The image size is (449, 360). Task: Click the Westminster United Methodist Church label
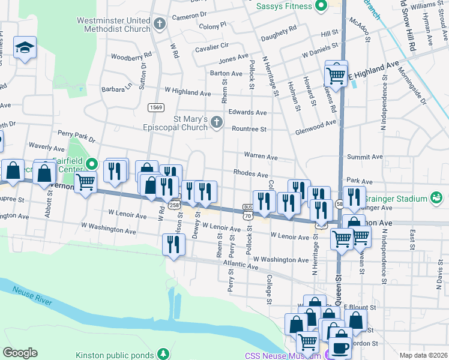point(113,24)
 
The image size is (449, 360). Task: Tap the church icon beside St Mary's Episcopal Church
point(216,123)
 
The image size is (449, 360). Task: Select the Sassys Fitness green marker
point(321,6)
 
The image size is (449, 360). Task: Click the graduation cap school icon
point(25,48)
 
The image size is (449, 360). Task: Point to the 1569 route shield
point(157,107)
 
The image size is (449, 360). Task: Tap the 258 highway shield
point(174,205)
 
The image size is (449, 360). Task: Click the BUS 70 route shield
point(247,211)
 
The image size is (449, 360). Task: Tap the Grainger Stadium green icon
point(436,198)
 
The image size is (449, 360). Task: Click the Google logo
point(19,353)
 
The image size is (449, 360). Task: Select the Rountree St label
point(249,128)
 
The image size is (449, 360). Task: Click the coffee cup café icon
point(340,348)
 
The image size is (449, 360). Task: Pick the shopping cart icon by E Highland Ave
point(336,76)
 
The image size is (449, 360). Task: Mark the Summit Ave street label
point(364,157)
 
